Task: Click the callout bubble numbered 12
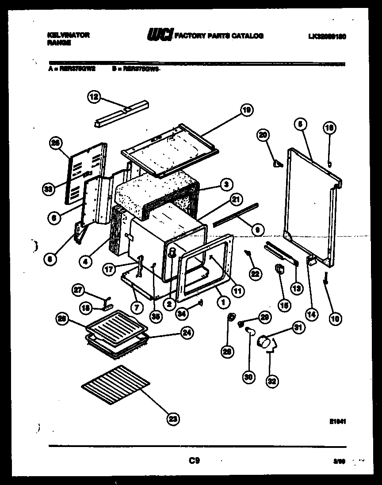click(x=94, y=97)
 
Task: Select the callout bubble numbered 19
click(x=247, y=110)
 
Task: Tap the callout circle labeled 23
click(x=174, y=418)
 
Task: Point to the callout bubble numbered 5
click(x=299, y=125)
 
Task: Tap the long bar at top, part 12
click(x=123, y=113)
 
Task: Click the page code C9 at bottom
click(x=193, y=461)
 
